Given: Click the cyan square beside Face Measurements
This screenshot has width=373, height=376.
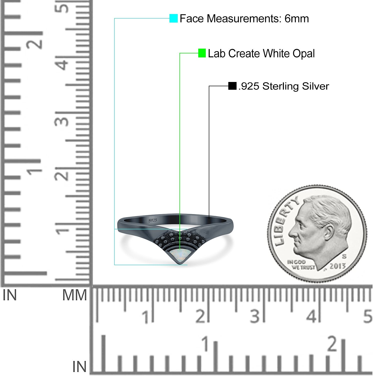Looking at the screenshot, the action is click(173, 18).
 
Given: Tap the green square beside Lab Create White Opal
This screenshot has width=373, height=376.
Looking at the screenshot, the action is click(202, 53).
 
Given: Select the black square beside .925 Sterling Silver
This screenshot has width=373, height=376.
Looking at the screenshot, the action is click(232, 86).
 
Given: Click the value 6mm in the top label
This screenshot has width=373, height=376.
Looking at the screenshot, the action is click(297, 19).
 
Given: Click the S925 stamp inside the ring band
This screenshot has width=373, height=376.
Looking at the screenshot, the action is click(152, 220).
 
